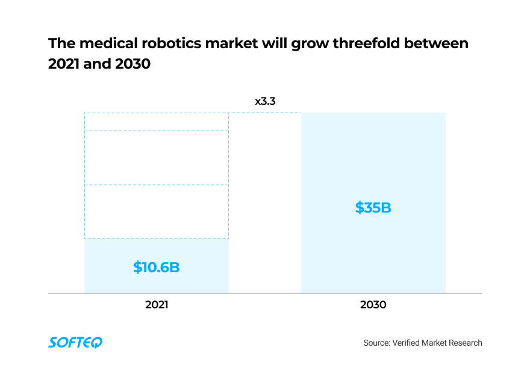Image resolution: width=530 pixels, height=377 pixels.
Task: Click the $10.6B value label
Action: pos(157,267)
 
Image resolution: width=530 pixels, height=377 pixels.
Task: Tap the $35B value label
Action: pos(373,208)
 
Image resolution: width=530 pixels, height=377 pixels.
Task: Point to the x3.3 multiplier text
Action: pos(265,101)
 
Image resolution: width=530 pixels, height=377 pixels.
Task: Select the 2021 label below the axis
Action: pos(157,305)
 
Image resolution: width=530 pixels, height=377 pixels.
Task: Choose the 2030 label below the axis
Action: pos(373,305)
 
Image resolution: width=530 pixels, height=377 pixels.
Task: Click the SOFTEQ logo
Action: pos(75,342)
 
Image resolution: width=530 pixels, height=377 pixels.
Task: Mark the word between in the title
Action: pos(438,44)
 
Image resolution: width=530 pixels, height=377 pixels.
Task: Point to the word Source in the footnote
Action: pos(376,343)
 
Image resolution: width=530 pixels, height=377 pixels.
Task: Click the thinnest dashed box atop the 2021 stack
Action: pos(157,122)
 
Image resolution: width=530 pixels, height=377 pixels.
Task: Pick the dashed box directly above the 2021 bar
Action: pos(157,211)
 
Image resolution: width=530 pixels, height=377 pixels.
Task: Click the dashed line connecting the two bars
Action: pos(265,113)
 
